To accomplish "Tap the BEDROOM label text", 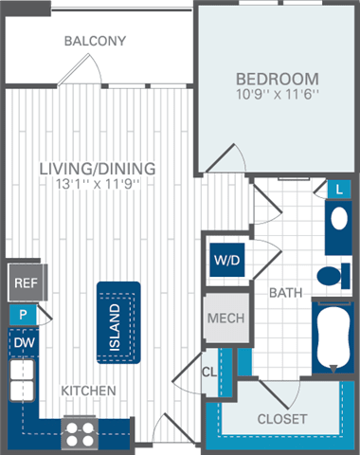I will [277, 78].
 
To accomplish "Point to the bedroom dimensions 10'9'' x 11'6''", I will [277, 95].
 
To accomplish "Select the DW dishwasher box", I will [22, 341].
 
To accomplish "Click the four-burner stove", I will [81, 431].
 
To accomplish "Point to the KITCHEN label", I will [89, 391].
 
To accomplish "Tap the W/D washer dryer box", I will [227, 258].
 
